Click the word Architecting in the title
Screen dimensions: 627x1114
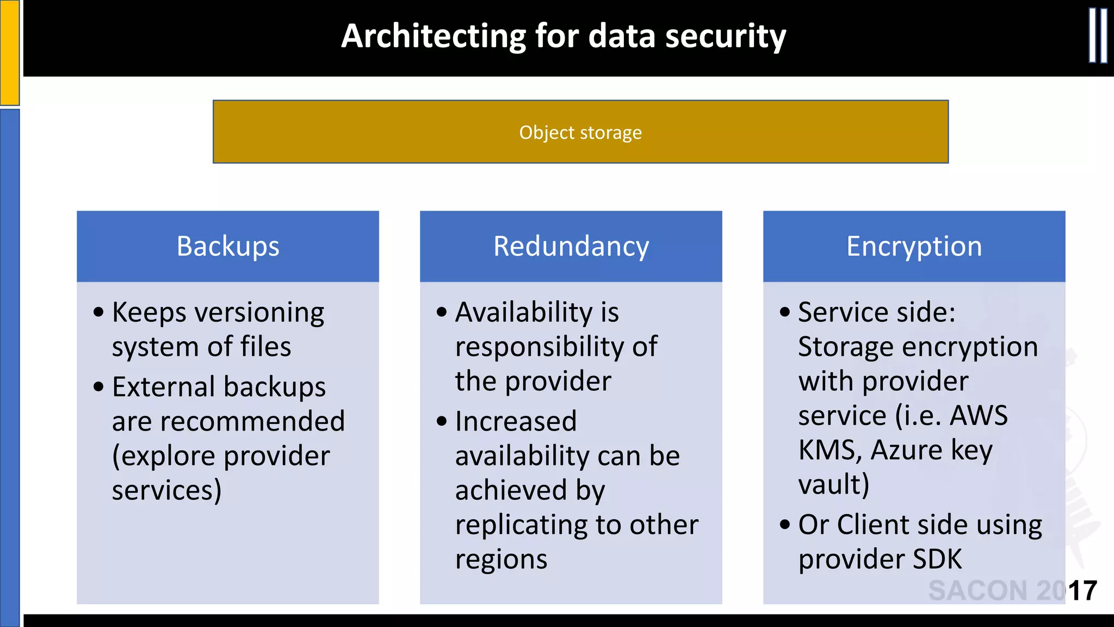(433, 37)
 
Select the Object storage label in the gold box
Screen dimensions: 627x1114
(580, 132)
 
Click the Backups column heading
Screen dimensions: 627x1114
(228, 246)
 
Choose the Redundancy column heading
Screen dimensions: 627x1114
(571, 246)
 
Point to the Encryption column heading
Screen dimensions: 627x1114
(914, 246)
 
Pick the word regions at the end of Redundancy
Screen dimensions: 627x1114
(501, 560)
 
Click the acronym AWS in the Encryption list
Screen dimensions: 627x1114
(979, 416)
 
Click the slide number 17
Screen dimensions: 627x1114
(1082, 591)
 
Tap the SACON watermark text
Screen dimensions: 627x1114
(995, 591)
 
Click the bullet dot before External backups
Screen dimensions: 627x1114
(98, 387)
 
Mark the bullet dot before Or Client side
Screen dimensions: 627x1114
(784, 525)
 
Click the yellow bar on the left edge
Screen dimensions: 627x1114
(9, 52)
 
